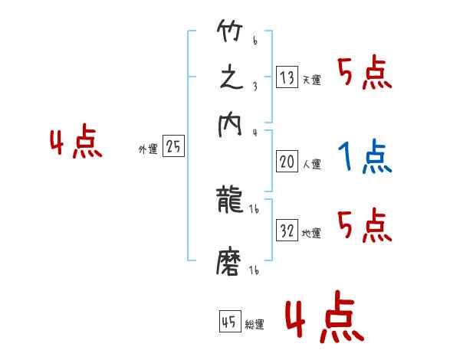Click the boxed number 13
click(x=287, y=77)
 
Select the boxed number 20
click(x=287, y=162)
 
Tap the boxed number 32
click(x=287, y=231)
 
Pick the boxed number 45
click(x=229, y=322)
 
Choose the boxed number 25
click(x=173, y=147)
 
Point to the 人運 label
click(x=311, y=164)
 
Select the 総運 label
click(x=254, y=325)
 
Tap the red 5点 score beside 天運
click(x=365, y=74)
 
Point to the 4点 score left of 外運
click(x=76, y=144)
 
